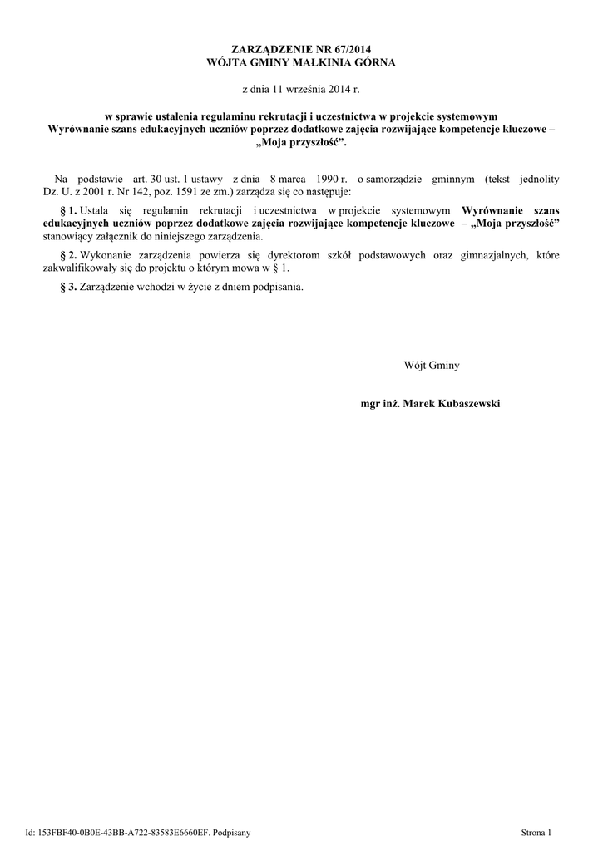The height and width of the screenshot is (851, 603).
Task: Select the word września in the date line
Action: [309, 87]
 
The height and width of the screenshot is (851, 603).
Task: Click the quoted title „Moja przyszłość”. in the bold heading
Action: [301, 142]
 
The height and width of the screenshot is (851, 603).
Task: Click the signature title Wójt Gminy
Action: [432, 365]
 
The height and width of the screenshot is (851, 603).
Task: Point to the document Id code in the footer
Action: [126, 832]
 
